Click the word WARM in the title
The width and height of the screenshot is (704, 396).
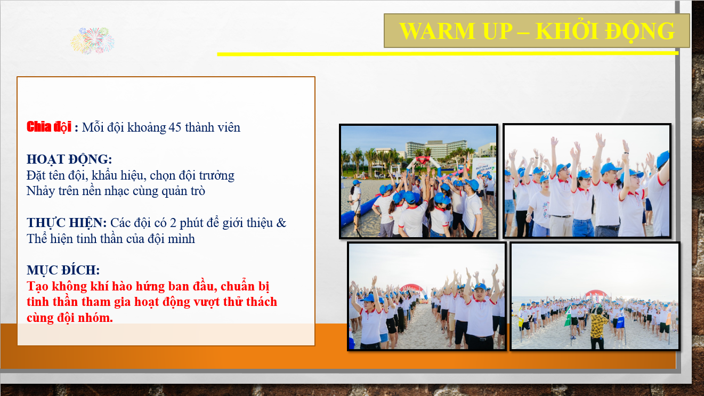coord(437,31)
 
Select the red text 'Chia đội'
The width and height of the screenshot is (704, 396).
coord(48,127)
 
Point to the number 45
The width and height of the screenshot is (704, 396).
coord(175,127)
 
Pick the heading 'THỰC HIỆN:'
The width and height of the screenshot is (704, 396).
coord(67,223)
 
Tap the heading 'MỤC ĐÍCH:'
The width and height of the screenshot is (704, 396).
coord(63,270)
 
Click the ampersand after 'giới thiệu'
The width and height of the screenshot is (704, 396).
coord(281,223)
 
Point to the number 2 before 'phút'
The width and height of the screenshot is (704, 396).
coord(173,223)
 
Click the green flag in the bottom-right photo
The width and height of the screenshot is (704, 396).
coord(568,317)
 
